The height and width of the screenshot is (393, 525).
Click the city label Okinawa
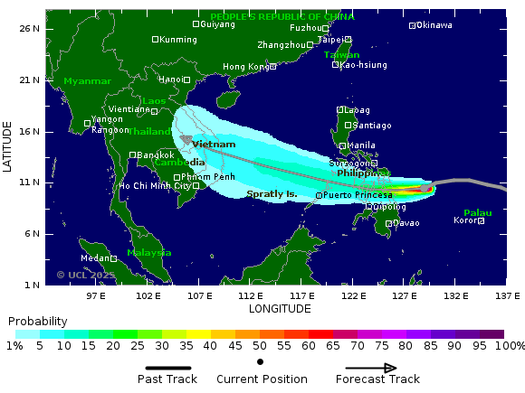(434, 25)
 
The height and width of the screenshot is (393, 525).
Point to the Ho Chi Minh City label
(155, 186)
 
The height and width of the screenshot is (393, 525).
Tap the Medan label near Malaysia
(95, 258)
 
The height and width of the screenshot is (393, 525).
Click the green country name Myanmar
(87, 81)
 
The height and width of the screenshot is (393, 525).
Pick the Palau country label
(477, 213)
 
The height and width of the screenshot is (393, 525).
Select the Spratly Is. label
(272, 194)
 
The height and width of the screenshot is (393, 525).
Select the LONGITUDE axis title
(280, 309)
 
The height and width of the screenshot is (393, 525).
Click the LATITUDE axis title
(7, 148)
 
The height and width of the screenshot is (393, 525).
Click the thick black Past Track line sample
(169, 369)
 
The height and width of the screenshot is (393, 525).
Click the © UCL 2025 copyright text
(86, 275)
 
